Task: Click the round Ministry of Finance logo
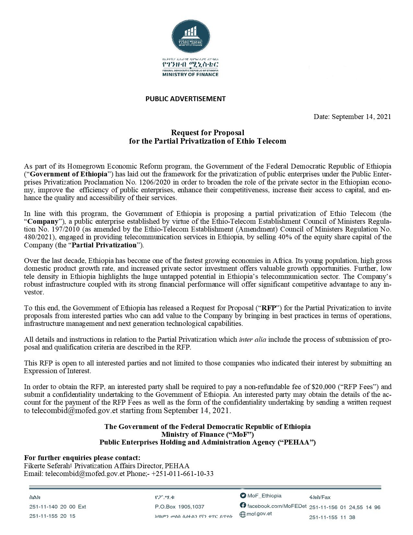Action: (x=191, y=36)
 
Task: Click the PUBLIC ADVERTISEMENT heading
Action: (x=185, y=99)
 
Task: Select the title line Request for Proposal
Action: (x=207, y=133)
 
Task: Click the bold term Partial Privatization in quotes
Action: (x=104, y=245)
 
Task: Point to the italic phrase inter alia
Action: (x=253, y=339)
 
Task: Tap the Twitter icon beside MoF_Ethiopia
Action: (x=243, y=495)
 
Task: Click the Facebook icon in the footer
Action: (x=243, y=505)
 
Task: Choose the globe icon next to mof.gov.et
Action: (x=242, y=514)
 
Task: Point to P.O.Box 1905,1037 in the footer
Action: (x=179, y=507)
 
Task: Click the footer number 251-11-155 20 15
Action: (x=52, y=516)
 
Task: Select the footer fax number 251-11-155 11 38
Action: (x=332, y=517)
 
